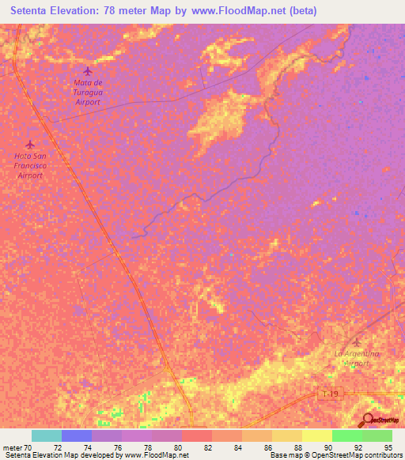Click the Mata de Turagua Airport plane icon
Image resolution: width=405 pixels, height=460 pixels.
tap(88, 70)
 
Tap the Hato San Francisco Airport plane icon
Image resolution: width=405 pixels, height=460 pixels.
tap(30, 144)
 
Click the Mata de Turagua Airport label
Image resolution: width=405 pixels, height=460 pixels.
tap(88, 92)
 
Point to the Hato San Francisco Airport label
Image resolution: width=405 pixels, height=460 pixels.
tap(30, 165)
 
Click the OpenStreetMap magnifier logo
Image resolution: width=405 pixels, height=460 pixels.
tap(368, 420)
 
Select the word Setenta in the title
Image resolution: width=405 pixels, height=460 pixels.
tap(32, 10)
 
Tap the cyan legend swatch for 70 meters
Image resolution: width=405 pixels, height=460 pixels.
tap(47, 435)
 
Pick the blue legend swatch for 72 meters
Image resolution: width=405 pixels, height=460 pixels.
tap(77, 435)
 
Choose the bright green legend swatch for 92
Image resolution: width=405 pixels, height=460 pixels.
tap(347, 435)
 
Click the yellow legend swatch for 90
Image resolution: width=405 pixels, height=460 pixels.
tap(317, 435)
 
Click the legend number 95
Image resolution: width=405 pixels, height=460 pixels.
tap(387, 447)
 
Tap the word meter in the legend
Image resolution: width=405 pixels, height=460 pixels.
tap(12, 447)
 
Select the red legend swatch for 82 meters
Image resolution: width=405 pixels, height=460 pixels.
tap(197, 435)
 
